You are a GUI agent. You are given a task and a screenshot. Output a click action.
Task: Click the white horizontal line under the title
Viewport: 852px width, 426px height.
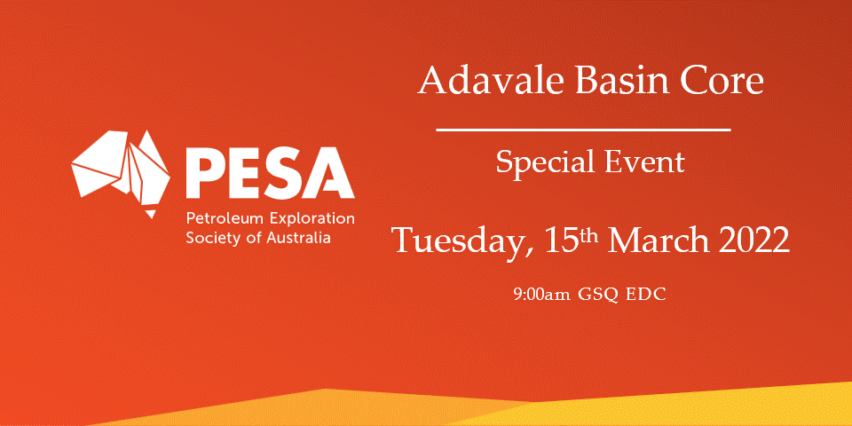584,130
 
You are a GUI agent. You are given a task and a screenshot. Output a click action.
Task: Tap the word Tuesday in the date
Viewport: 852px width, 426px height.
461,241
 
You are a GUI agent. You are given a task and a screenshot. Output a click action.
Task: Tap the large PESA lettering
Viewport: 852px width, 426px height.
270,173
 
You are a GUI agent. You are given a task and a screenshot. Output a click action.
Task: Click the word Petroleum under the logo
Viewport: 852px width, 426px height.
225,219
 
